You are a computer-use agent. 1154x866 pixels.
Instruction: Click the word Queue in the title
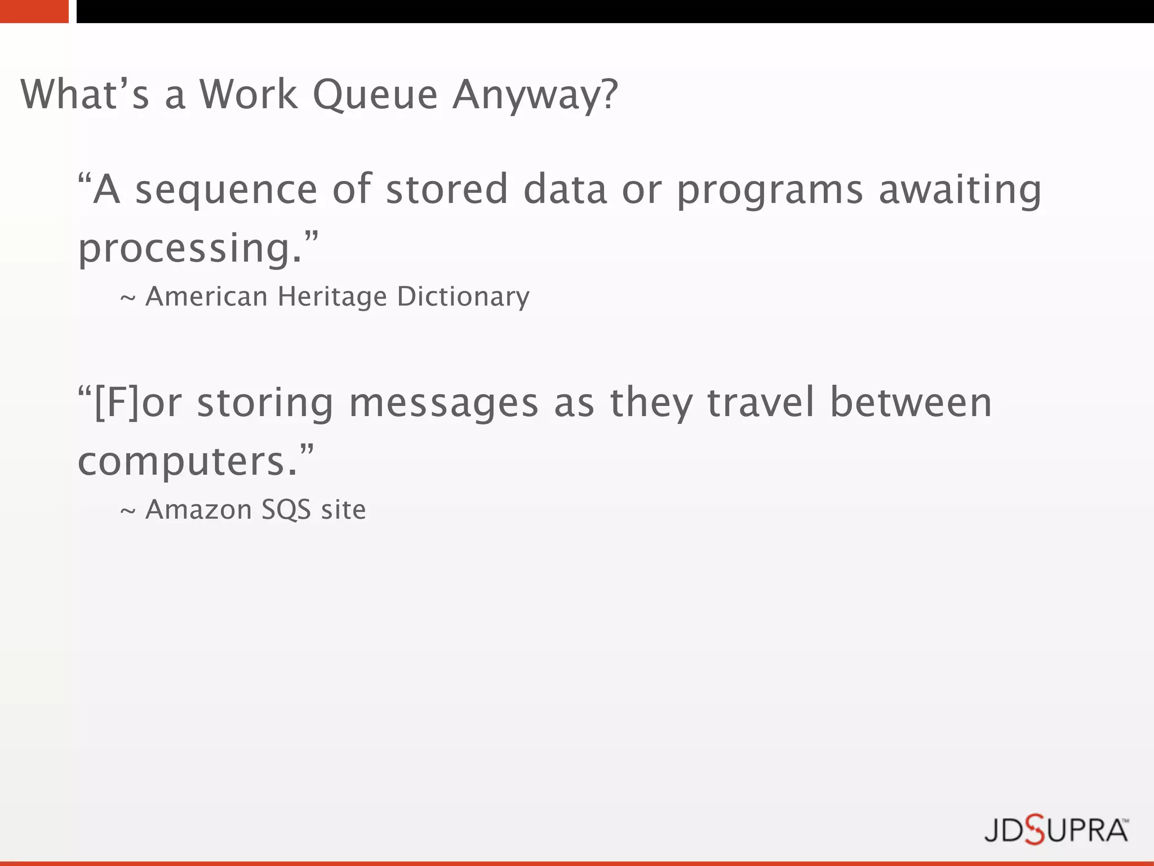(375, 95)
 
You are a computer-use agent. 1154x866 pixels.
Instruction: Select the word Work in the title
(248, 95)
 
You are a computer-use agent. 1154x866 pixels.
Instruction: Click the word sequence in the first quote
(227, 191)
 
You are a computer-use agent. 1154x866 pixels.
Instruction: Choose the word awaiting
(960, 191)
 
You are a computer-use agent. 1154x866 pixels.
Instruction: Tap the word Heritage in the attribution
(332, 297)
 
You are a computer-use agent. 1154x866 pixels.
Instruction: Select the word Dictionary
(463, 297)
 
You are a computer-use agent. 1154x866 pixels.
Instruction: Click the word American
(206, 297)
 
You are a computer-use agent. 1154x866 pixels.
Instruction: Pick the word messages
(444, 404)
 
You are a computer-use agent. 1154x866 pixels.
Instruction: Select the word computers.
(188, 462)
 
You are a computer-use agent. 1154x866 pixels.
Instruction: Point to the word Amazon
(198, 510)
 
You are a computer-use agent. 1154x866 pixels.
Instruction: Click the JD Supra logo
(1056, 830)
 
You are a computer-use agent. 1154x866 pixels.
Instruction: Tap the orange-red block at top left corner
(34, 11)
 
